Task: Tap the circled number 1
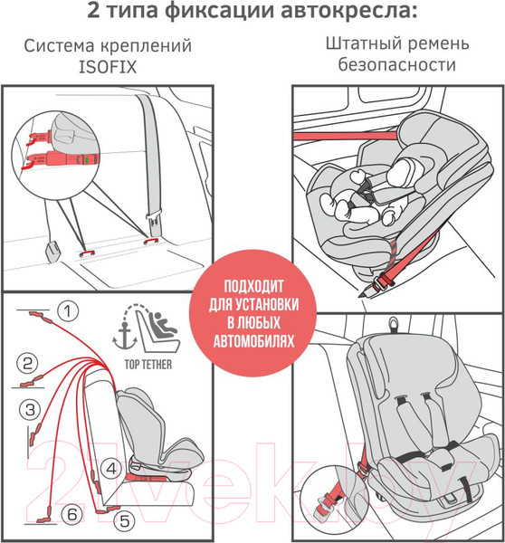(x=65, y=312)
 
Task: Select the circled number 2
(x=29, y=365)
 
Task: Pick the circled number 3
(x=30, y=409)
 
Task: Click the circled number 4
(x=110, y=469)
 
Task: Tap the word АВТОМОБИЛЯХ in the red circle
(x=252, y=344)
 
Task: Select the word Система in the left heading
(x=61, y=44)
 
